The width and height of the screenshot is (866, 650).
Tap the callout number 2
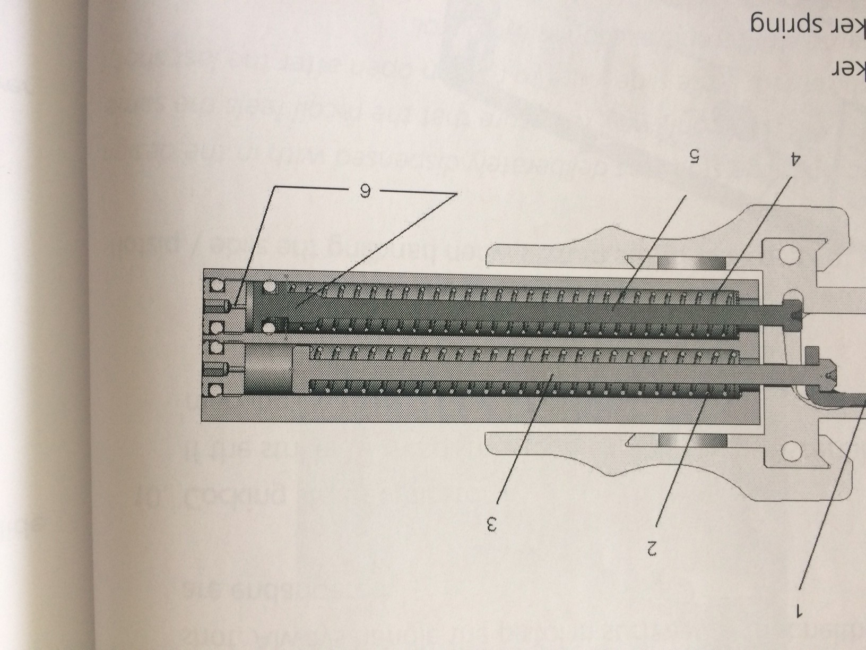pyautogui.click(x=652, y=546)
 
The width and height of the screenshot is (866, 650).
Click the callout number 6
pyautogui.click(x=365, y=191)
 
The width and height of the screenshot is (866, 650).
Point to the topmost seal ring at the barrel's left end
pyautogui.click(x=215, y=286)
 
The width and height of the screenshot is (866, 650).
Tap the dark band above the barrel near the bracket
pyautogui.click(x=692, y=263)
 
